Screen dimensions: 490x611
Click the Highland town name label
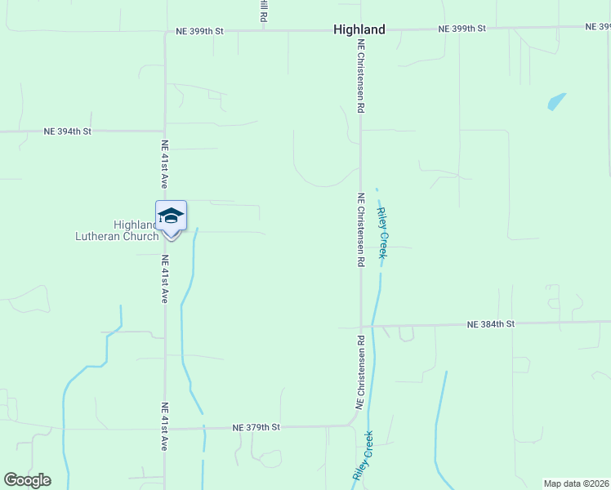(x=359, y=29)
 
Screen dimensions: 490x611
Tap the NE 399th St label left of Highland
(x=200, y=32)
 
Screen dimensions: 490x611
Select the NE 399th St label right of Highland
(x=462, y=29)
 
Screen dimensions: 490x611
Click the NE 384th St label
(x=491, y=324)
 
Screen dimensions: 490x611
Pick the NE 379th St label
(x=256, y=427)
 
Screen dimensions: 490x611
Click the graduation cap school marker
(x=171, y=216)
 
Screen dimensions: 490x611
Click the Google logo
(x=27, y=480)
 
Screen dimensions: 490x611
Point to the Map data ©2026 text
(x=576, y=483)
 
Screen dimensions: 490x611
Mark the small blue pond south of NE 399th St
(x=555, y=102)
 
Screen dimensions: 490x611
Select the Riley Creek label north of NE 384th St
(x=381, y=234)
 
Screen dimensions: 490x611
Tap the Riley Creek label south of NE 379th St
(x=363, y=455)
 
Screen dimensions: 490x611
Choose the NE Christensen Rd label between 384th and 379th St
(x=359, y=372)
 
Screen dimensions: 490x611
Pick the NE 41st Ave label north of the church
(x=165, y=164)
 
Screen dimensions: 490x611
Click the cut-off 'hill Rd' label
(x=264, y=11)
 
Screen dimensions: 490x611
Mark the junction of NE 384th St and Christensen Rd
(x=361, y=326)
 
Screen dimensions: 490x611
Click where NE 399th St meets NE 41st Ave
(x=165, y=33)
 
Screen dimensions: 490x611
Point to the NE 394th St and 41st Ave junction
(x=165, y=131)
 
